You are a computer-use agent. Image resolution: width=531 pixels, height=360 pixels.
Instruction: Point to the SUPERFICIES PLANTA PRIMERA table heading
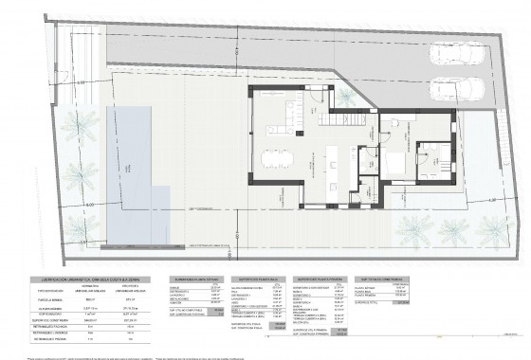[321, 279]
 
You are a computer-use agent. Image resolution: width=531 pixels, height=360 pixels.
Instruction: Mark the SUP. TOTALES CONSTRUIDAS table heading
[383, 279]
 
